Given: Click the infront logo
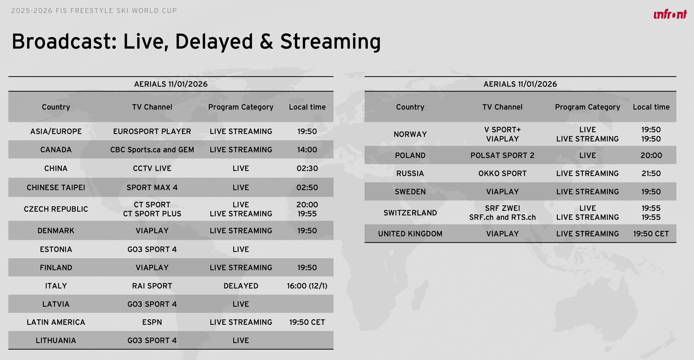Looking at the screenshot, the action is [670, 14].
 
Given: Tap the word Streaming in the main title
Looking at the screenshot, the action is [331, 42].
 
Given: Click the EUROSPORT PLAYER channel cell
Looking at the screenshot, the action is [152, 131].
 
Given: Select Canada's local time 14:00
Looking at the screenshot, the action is [307, 150].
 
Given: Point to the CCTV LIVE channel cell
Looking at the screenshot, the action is [152, 168].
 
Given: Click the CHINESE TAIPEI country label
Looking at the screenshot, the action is [56, 187].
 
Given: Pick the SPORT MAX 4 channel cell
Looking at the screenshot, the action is [152, 187].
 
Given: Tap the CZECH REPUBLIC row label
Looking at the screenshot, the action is [56, 209].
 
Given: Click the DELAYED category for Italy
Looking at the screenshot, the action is [241, 286].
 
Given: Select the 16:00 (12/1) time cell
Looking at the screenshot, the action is [307, 286].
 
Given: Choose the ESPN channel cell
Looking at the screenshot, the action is [152, 322].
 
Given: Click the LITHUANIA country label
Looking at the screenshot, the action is [56, 340].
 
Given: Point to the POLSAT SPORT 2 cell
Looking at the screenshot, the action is [502, 155].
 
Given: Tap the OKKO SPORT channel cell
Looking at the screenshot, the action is [502, 173].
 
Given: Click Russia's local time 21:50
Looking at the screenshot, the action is [651, 173].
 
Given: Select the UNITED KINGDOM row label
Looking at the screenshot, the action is [410, 234].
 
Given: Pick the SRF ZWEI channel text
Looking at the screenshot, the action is [502, 208].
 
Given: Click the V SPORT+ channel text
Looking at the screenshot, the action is [502, 130].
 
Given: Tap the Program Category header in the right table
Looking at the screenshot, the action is [587, 107].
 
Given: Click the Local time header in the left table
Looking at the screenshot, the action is [307, 107].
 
